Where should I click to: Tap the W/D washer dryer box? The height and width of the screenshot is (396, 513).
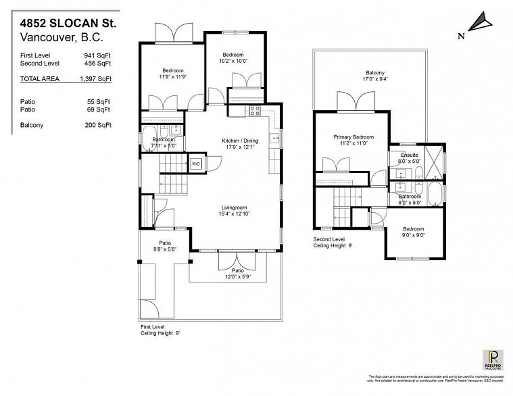[196, 164]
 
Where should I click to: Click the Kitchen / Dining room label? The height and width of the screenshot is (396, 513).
[240, 145]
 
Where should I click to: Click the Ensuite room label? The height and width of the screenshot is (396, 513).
[409, 157]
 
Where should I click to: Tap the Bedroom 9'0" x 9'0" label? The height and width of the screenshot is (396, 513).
[414, 232]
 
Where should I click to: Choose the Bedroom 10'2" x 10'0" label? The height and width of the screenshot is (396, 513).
[233, 58]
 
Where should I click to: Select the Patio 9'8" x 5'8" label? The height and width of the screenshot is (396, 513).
[164, 247]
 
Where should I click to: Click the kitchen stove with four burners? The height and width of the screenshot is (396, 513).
[255, 111]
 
